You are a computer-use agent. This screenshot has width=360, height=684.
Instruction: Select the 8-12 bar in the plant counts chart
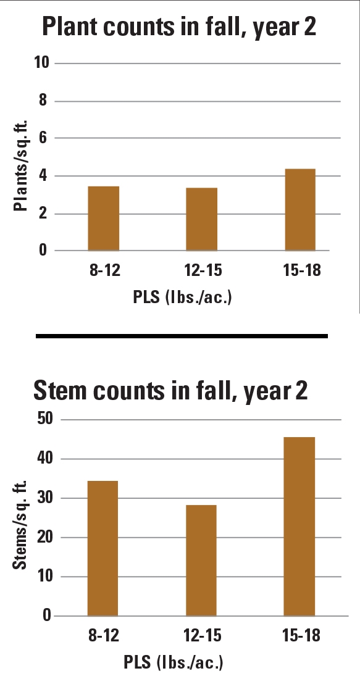tap(104, 219)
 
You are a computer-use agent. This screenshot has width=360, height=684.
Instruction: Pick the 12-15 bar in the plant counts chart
tap(201, 219)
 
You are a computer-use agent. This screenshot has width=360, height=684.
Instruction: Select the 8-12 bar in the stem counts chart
tap(103, 548)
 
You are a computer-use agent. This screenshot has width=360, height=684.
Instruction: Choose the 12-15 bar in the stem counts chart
tap(201, 560)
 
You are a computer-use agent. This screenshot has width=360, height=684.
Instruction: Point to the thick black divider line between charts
tap(182, 336)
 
